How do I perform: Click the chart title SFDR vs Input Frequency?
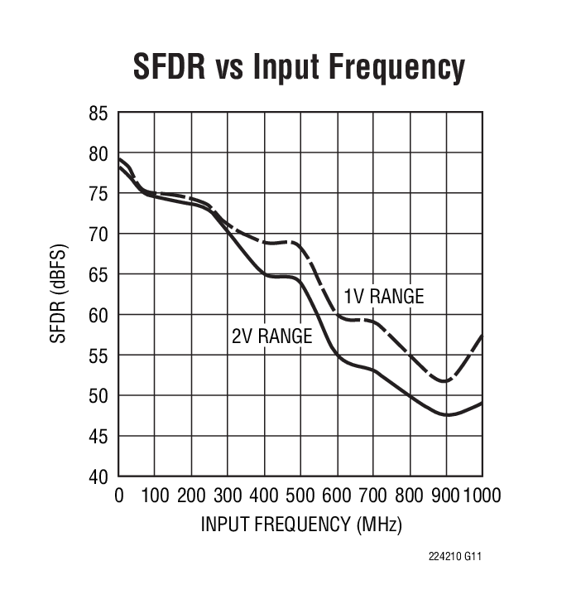[x=299, y=68]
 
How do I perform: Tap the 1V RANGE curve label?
[x=383, y=296]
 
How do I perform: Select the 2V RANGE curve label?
[x=271, y=336]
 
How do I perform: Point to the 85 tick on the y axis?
[x=98, y=114]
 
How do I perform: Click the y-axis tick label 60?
[x=98, y=315]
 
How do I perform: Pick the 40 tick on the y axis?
[x=98, y=476]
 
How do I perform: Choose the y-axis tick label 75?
[x=98, y=194]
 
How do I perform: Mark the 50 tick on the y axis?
[x=98, y=396]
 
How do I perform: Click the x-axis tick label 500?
[x=300, y=496]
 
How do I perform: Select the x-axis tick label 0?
[x=119, y=496]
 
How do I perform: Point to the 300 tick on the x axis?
[x=228, y=496]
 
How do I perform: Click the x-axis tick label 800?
[x=409, y=496]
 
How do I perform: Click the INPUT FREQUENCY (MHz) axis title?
[x=300, y=525]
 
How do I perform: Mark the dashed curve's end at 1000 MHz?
[x=482, y=336]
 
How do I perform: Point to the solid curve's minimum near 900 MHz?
[x=448, y=414]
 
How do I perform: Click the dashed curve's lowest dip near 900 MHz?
[x=445, y=380]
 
